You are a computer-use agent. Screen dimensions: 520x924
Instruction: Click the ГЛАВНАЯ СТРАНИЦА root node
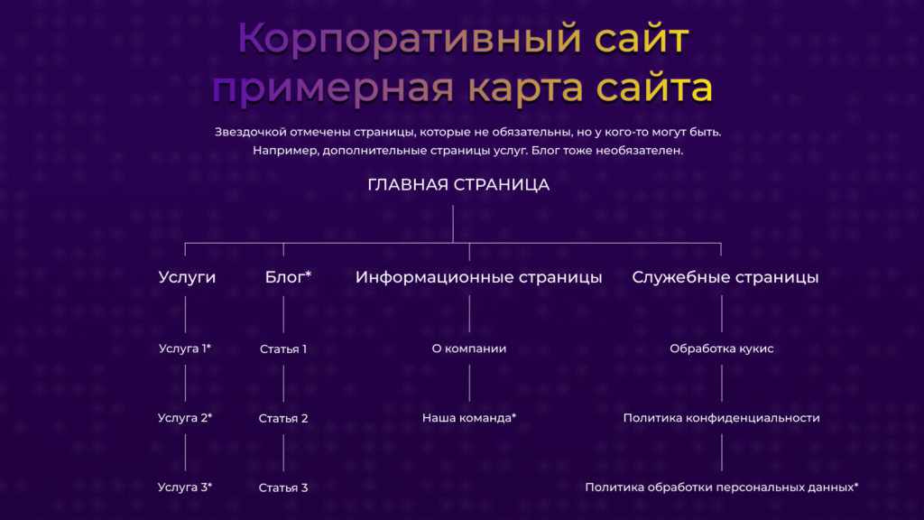458,185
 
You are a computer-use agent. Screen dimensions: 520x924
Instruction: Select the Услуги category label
187,277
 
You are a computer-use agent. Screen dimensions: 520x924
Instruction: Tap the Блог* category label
288,277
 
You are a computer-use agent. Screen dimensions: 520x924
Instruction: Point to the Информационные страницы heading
478,277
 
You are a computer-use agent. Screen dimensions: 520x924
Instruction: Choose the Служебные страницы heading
725,277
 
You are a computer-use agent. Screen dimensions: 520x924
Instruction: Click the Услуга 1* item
185,348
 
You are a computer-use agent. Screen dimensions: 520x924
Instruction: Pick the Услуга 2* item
185,418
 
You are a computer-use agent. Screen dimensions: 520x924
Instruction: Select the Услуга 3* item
185,487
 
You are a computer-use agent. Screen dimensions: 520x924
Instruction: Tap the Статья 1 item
283,348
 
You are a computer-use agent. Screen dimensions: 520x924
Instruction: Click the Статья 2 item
283,418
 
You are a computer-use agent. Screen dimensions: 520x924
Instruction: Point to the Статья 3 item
283,487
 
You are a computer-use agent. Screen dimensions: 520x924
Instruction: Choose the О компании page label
469,348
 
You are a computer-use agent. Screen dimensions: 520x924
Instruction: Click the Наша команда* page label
469,418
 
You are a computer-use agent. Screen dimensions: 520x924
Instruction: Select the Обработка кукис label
721,348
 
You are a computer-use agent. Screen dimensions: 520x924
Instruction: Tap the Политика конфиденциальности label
721,418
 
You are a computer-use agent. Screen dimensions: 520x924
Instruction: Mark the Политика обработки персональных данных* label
721,487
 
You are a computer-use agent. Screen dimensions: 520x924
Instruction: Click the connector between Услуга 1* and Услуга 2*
185,383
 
